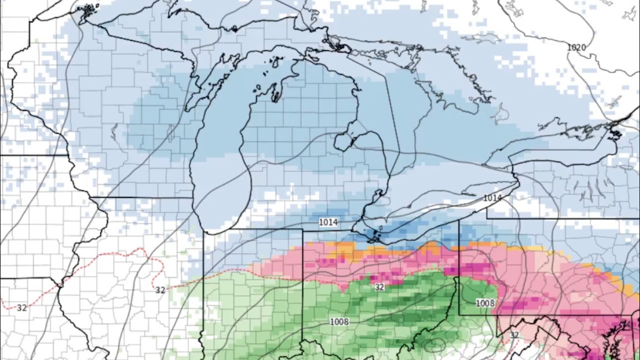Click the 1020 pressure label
(x=576, y=47)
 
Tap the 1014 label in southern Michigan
(x=328, y=222)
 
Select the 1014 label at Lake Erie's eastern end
(x=492, y=198)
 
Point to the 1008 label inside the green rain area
(x=339, y=321)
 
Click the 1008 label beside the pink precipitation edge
(x=484, y=303)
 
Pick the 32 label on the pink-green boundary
(x=379, y=287)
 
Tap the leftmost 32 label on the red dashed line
(x=21, y=308)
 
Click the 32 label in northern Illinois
(x=160, y=289)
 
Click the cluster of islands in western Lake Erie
(x=374, y=234)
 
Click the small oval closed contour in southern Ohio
(x=437, y=344)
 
